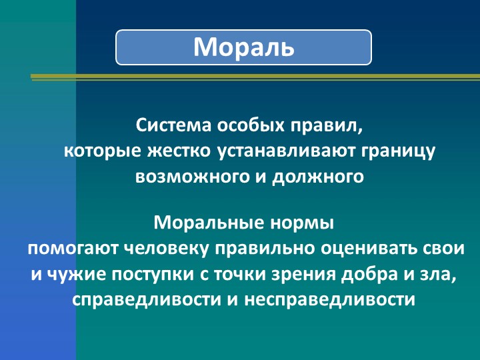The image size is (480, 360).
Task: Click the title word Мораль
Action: pos(244,47)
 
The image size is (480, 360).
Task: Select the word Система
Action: pos(173,125)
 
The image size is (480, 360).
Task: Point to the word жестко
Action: pos(179,151)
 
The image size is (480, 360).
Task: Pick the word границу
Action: pos(398,152)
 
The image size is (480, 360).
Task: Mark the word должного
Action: pos(318,177)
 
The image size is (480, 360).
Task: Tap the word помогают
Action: pos(73,248)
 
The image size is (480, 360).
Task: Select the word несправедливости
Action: pos(330,300)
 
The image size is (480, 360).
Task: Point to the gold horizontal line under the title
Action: pos(255,77)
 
